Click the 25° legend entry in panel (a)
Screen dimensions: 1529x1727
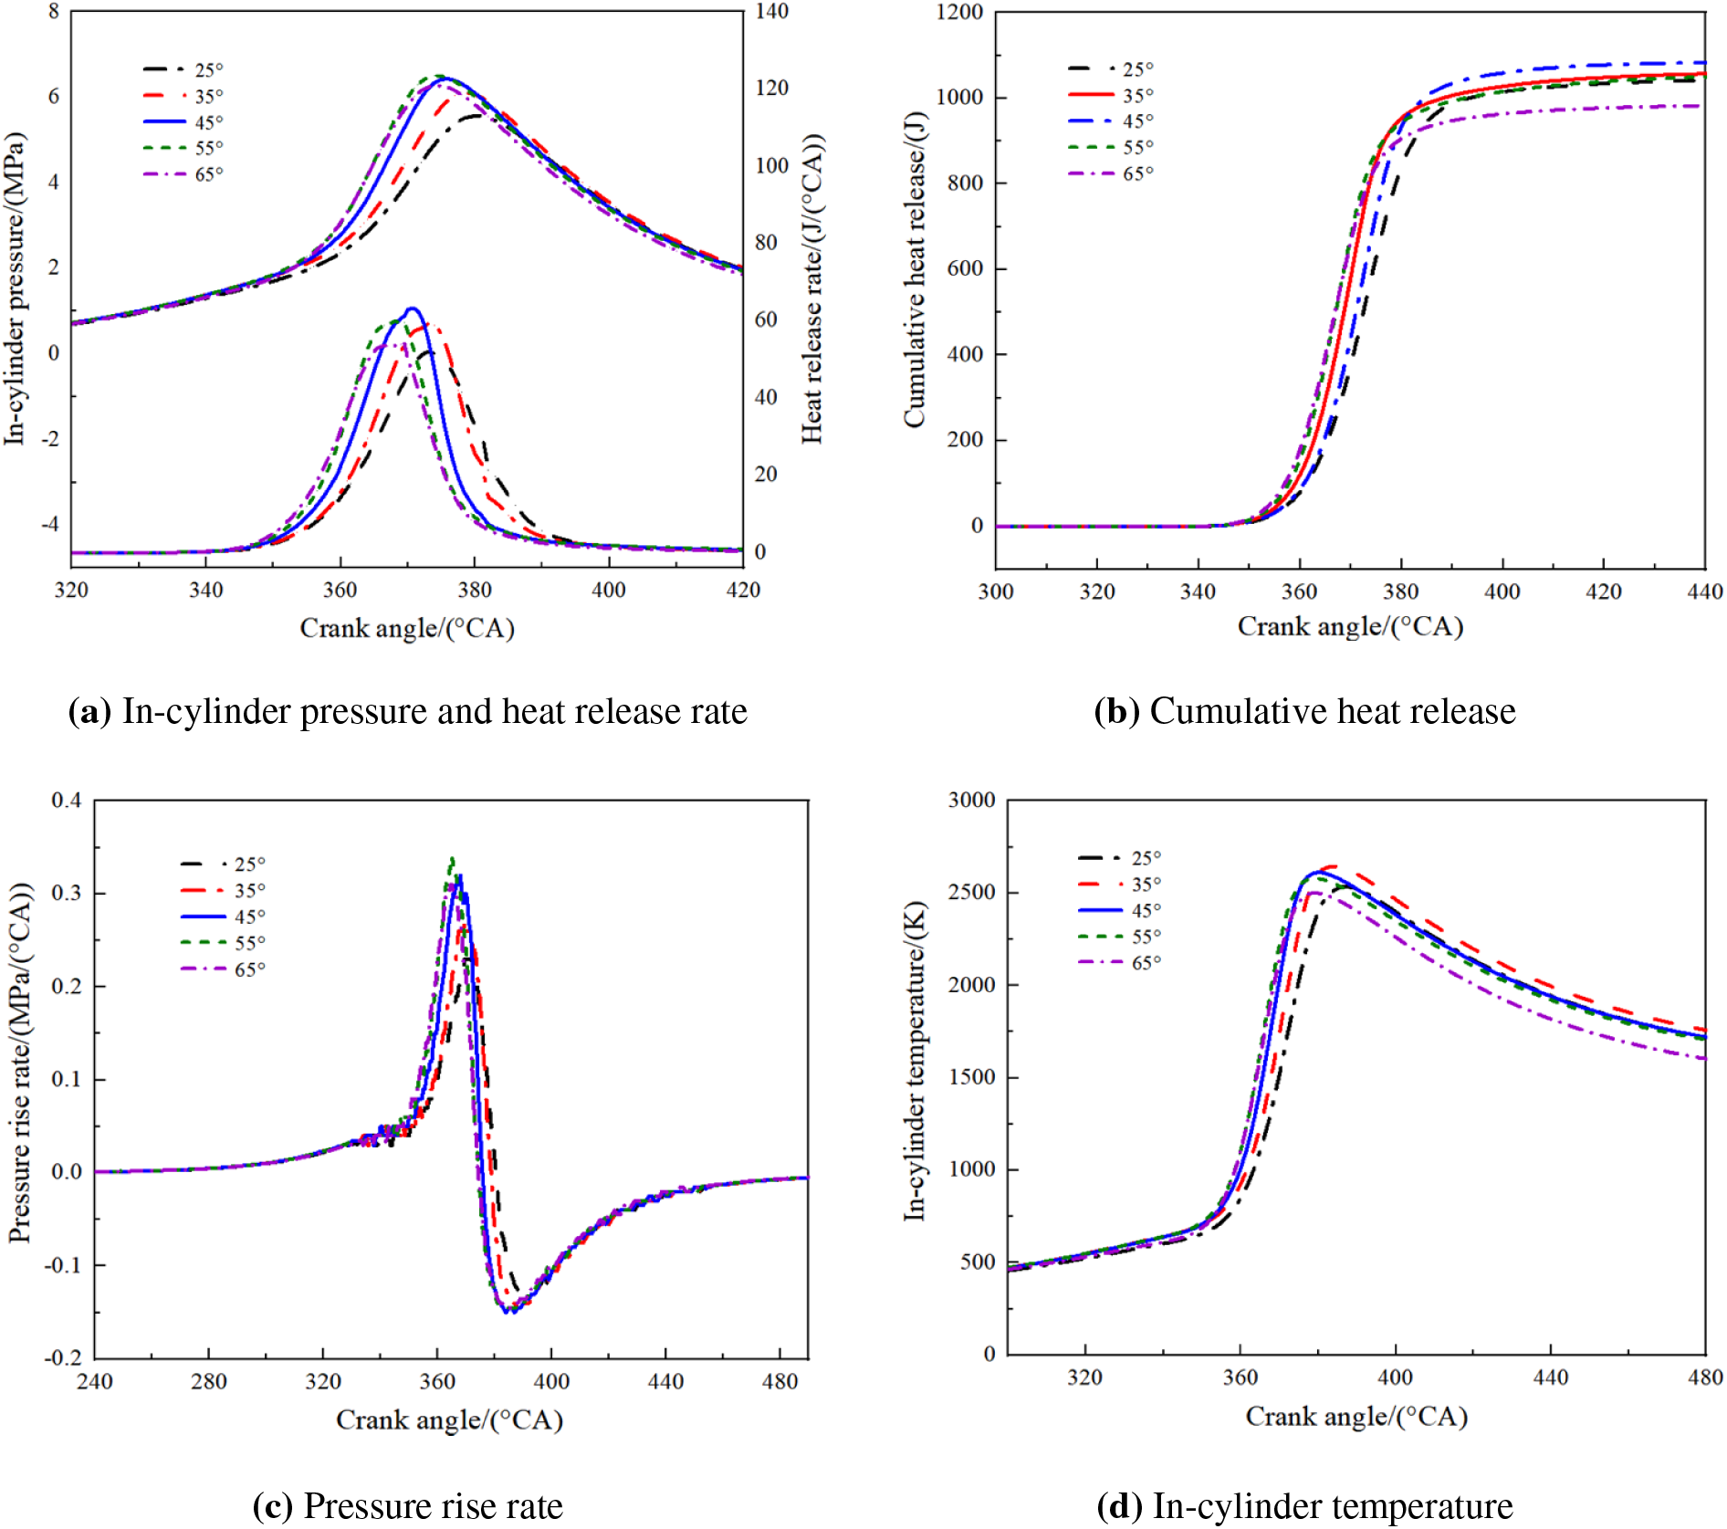(x=183, y=70)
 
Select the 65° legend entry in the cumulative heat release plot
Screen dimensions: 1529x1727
(x=1111, y=173)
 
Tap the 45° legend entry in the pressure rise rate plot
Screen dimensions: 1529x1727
(x=224, y=916)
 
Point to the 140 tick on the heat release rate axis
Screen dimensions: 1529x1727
(x=771, y=12)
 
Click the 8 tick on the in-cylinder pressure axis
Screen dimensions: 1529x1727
(x=54, y=12)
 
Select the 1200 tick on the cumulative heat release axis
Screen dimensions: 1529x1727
(x=959, y=13)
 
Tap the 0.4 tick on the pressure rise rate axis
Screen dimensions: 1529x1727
(x=66, y=801)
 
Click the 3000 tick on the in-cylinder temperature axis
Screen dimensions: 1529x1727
(x=971, y=801)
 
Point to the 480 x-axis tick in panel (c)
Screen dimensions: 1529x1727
(x=780, y=1381)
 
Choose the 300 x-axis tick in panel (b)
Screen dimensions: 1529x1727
(x=996, y=592)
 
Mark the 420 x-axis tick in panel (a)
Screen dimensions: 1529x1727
(x=743, y=591)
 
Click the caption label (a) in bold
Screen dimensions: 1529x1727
(x=89, y=712)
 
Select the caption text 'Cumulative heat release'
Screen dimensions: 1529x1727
(x=1332, y=712)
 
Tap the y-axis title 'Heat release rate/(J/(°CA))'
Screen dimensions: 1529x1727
(x=812, y=288)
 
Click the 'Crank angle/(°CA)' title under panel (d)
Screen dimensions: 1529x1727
(x=1356, y=1417)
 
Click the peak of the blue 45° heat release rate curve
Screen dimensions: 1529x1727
(x=412, y=309)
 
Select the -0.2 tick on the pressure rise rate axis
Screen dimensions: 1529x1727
(x=63, y=1357)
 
